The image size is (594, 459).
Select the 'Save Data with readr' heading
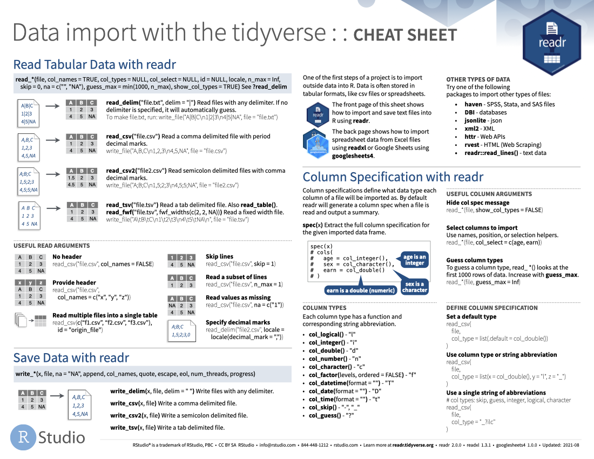(x=71, y=357)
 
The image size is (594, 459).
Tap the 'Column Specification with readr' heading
(x=393, y=177)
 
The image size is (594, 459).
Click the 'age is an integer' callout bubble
(x=415, y=260)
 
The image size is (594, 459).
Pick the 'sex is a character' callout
(x=415, y=287)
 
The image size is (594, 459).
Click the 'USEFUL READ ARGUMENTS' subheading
(x=52, y=246)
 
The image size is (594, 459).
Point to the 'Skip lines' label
(x=219, y=256)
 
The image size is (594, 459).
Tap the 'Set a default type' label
(x=471, y=316)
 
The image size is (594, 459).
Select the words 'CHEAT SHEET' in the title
(x=404, y=35)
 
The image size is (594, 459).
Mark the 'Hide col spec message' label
(x=477, y=202)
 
